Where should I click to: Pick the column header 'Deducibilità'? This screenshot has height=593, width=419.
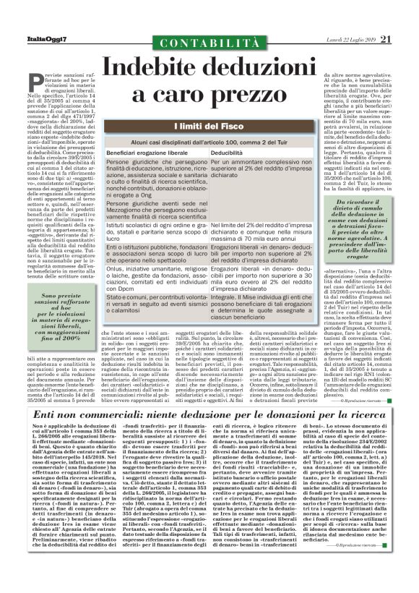[227, 154]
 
